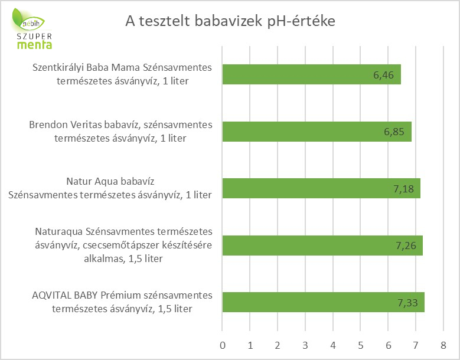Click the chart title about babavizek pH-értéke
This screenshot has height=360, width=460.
tap(230, 21)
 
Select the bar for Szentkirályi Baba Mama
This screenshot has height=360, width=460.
tap(312, 74)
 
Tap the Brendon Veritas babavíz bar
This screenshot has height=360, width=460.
tap(317, 132)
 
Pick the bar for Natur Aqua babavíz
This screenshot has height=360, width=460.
tap(321, 188)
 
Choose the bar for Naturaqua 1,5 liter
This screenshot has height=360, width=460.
tap(322, 246)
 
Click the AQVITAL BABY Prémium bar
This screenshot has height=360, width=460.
tap(323, 302)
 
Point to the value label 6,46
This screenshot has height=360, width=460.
tap(383, 76)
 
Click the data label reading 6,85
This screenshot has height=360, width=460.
tap(394, 132)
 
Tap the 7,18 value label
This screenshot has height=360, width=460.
tap(403, 189)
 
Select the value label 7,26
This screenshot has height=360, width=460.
tap(406, 246)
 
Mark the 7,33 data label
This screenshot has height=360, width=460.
tap(407, 303)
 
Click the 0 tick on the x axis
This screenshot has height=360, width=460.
tap(223, 345)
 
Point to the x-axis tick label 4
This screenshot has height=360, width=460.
tap(333, 345)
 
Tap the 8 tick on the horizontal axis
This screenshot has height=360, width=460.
tap(443, 345)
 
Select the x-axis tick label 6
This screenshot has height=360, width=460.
tap(389, 345)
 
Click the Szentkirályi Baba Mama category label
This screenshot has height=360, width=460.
tap(122, 74)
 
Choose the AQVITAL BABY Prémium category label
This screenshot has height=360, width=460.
tap(122, 302)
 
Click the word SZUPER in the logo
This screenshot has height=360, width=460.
tap(34, 37)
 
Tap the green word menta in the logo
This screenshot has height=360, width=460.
tap(35, 45)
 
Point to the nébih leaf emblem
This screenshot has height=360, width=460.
tap(27, 20)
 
